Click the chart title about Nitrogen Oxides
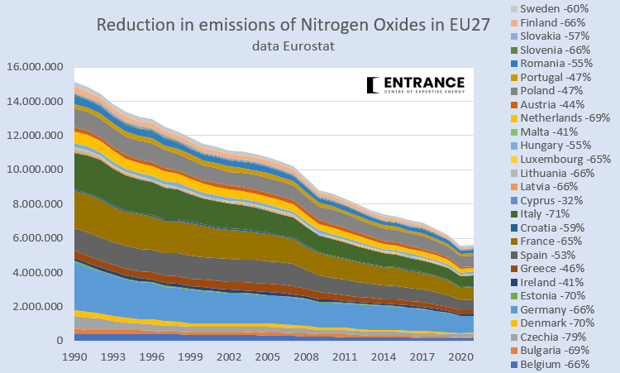288,25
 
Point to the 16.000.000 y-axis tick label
36,67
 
